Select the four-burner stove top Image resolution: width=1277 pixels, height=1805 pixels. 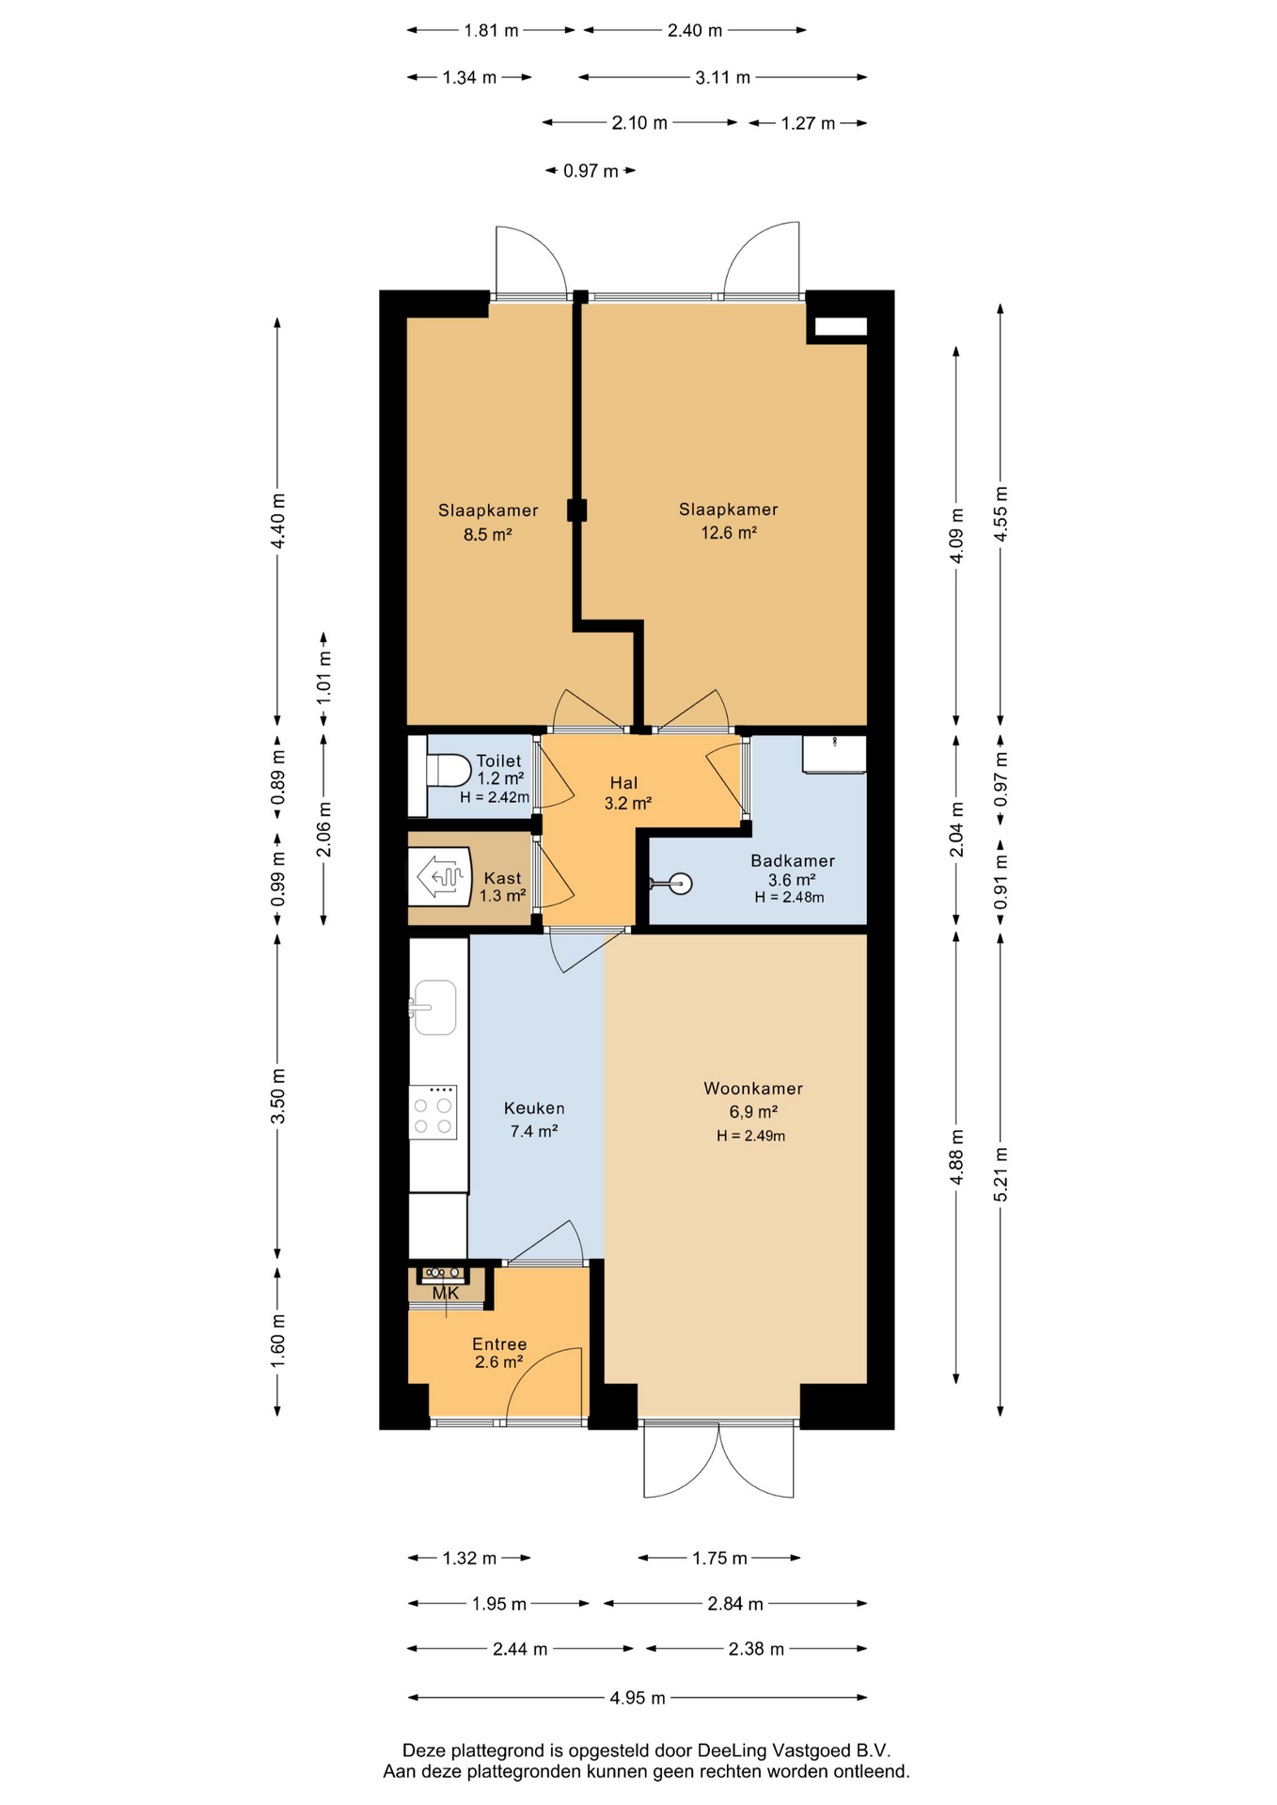[433, 1112]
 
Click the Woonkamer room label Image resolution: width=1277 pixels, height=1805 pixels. [753, 1089]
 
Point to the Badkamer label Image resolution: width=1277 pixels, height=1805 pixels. [793, 860]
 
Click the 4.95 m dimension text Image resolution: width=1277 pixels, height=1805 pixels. [638, 1698]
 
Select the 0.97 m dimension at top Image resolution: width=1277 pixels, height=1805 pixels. [591, 171]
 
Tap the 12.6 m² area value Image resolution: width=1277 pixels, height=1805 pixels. [729, 532]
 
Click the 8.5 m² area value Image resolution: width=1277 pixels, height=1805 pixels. [487, 535]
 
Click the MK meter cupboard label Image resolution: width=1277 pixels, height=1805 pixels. [446, 1294]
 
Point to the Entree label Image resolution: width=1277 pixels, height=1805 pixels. [499, 1344]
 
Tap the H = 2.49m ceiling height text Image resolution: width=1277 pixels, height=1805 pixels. [751, 1136]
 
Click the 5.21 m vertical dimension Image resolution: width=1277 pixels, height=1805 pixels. [1001, 1173]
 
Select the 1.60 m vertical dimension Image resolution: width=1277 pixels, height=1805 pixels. [277, 1341]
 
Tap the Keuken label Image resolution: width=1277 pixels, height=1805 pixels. [534, 1108]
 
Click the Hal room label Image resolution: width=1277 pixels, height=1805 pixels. [623, 783]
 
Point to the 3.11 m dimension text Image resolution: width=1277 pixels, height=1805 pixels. [723, 78]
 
